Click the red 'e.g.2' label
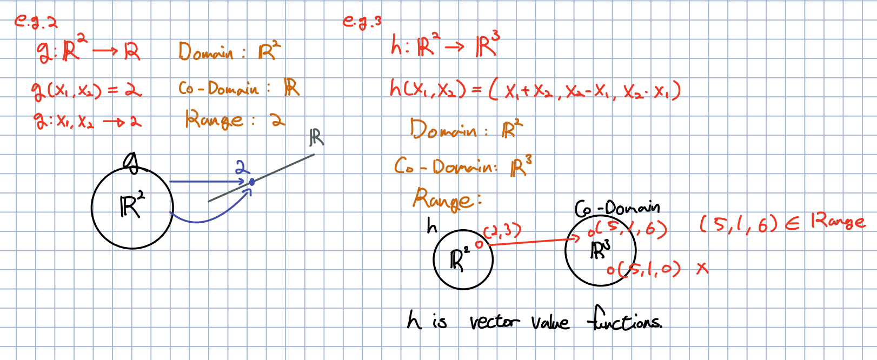tap(36, 22)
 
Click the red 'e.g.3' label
tap(362, 22)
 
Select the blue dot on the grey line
tap(251, 182)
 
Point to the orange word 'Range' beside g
tap(214, 120)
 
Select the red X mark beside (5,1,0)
tap(702, 268)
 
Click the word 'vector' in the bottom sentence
tap(493, 322)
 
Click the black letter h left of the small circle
tap(431, 225)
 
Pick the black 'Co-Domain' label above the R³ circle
tap(617, 208)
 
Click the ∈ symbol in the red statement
tap(792, 223)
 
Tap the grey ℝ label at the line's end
tap(317, 138)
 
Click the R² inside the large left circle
tap(132, 206)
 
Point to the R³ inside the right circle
tap(600, 250)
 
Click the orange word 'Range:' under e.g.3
tap(447, 200)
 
